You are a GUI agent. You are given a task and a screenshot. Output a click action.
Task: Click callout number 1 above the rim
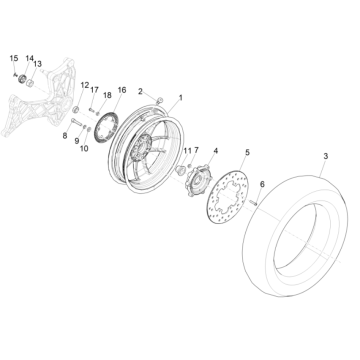[x=181, y=98]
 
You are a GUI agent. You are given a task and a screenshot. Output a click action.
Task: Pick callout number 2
[x=141, y=92]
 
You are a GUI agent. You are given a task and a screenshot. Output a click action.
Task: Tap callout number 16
[x=120, y=89]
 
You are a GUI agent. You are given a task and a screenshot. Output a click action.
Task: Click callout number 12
[x=84, y=85]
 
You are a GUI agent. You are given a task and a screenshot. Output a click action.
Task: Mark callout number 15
[x=15, y=60]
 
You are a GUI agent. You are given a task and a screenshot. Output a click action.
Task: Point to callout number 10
[x=84, y=147]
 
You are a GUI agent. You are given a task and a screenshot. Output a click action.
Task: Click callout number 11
[x=186, y=149]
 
